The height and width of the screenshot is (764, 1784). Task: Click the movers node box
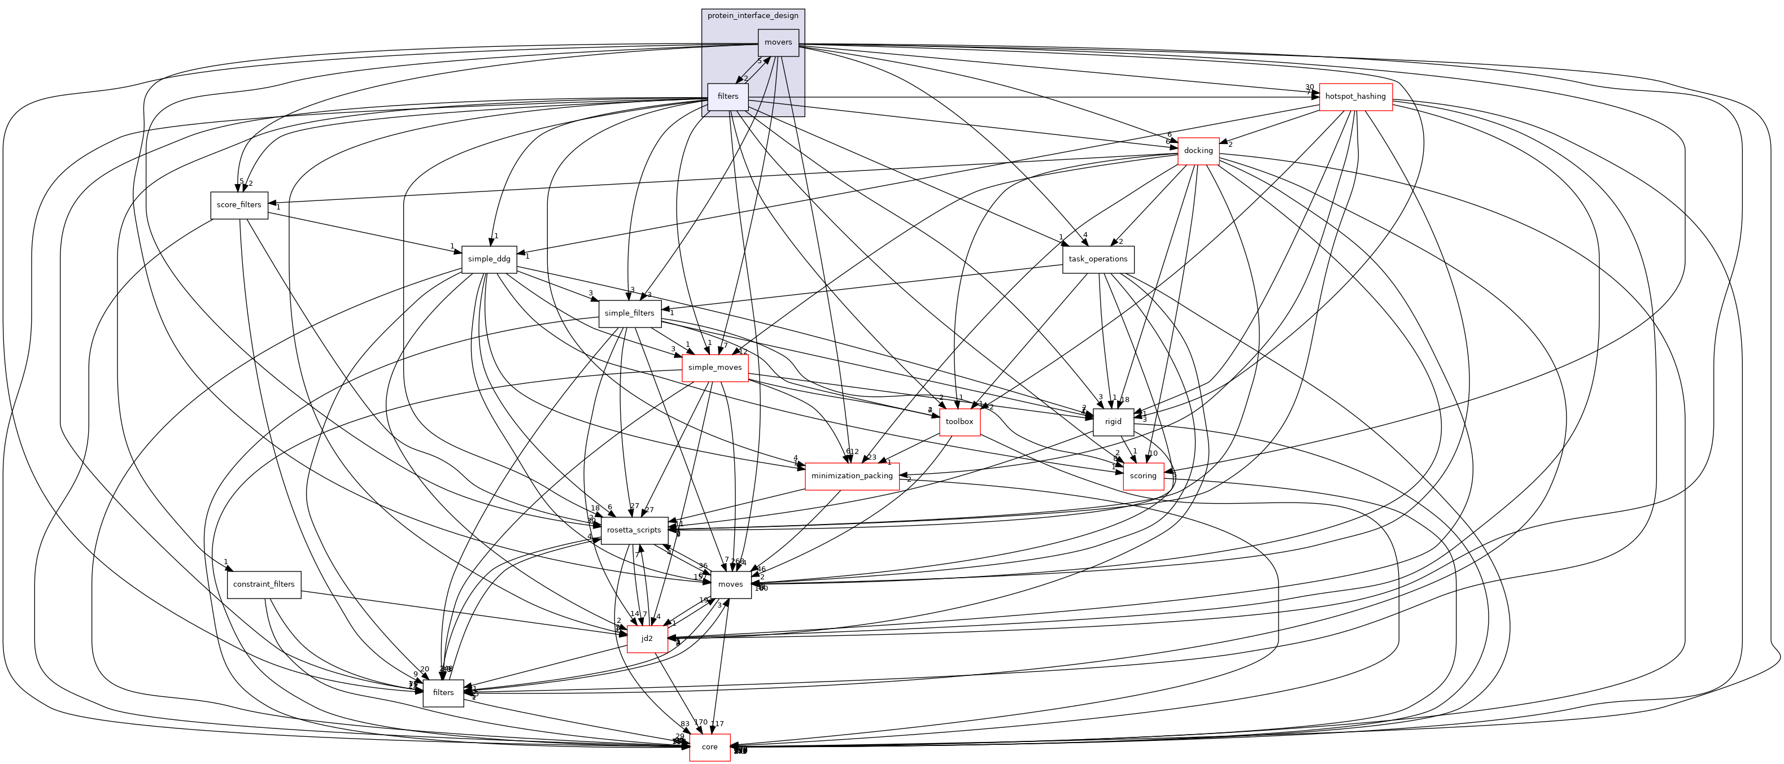click(x=778, y=42)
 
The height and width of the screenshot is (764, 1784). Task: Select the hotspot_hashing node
click(x=1355, y=97)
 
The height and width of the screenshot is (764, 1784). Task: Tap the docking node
click(x=1198, y=150)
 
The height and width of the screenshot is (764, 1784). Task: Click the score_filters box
click(x=239, y=205)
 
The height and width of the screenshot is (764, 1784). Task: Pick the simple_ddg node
click(x=489, y=259)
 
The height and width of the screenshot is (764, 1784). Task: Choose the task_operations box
click(x=1098, y=259)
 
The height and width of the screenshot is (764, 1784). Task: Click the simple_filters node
click(x=629, y=313)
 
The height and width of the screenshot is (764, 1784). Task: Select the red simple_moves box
click(x=715, y=367)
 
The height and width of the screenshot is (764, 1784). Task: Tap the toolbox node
click(x=959, y=421)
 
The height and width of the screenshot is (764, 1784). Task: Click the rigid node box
click(x=1113, y=421)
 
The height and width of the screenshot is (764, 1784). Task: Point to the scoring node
click(x=1142, y=476)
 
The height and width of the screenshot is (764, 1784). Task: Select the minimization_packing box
click(x=852, y=476)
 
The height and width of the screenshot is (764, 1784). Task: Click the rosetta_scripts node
click(x=634, y=530)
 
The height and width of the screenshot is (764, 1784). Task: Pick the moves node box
click(x=730, y=584)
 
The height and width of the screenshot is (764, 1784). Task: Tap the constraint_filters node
click(x=264, y=584)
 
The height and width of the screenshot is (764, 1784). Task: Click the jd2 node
click(x=647, y=638)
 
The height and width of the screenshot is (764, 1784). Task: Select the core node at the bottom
click(x=709, y=746)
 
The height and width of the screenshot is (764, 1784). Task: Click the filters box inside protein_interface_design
click(x=728, y=97)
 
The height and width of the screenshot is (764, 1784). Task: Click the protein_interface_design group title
click(x=753, y=15)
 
